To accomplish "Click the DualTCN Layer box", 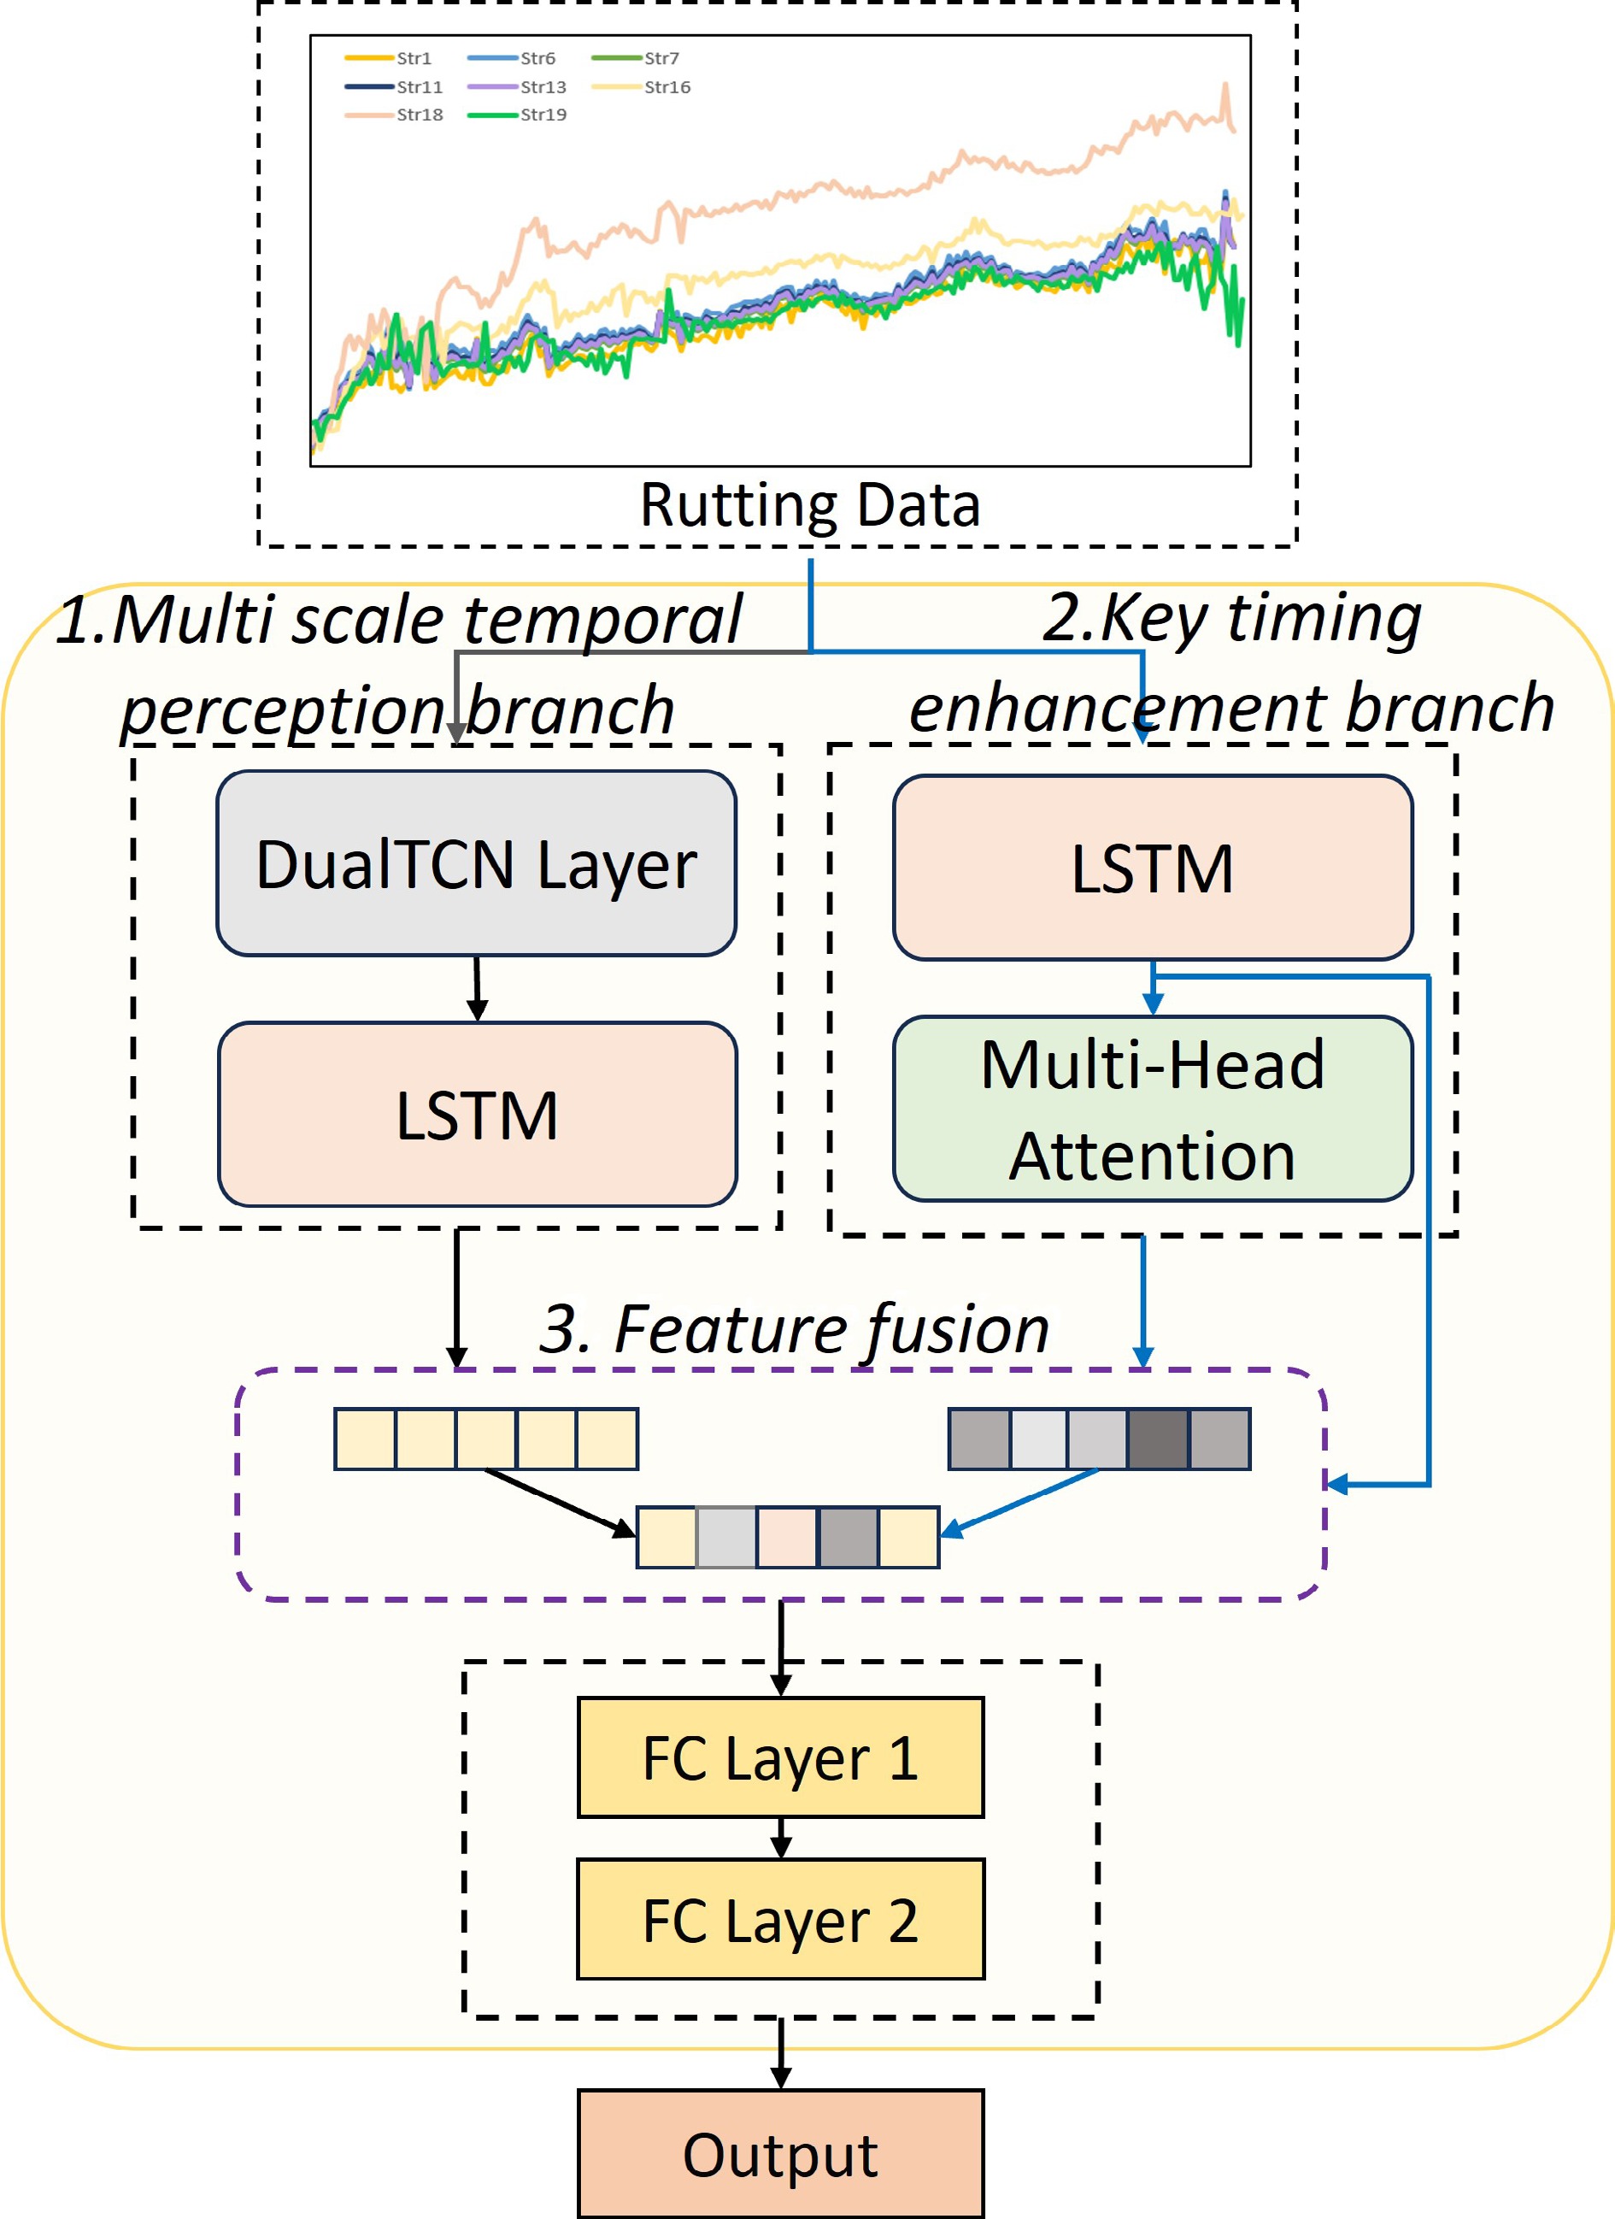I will [475, 863].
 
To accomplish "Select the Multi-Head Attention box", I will [1153, 1109].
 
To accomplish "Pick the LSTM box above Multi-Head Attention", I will [1153, 868].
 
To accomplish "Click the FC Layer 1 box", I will [781, 1757].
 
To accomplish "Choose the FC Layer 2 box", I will [781, 1920].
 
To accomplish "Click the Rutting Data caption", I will [810, 505].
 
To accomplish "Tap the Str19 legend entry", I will [519, 115].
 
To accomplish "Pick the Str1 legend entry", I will [390, 59].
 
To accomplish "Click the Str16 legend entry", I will [642, 87].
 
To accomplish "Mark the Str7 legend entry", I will [636, 59].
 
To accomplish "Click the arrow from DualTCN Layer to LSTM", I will [478, 988].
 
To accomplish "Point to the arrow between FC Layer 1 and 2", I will [781, 1838].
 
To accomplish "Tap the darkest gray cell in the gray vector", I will [1158, 1439].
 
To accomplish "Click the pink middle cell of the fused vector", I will [786, 1537].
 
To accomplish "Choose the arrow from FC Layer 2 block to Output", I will [781, 2052].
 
